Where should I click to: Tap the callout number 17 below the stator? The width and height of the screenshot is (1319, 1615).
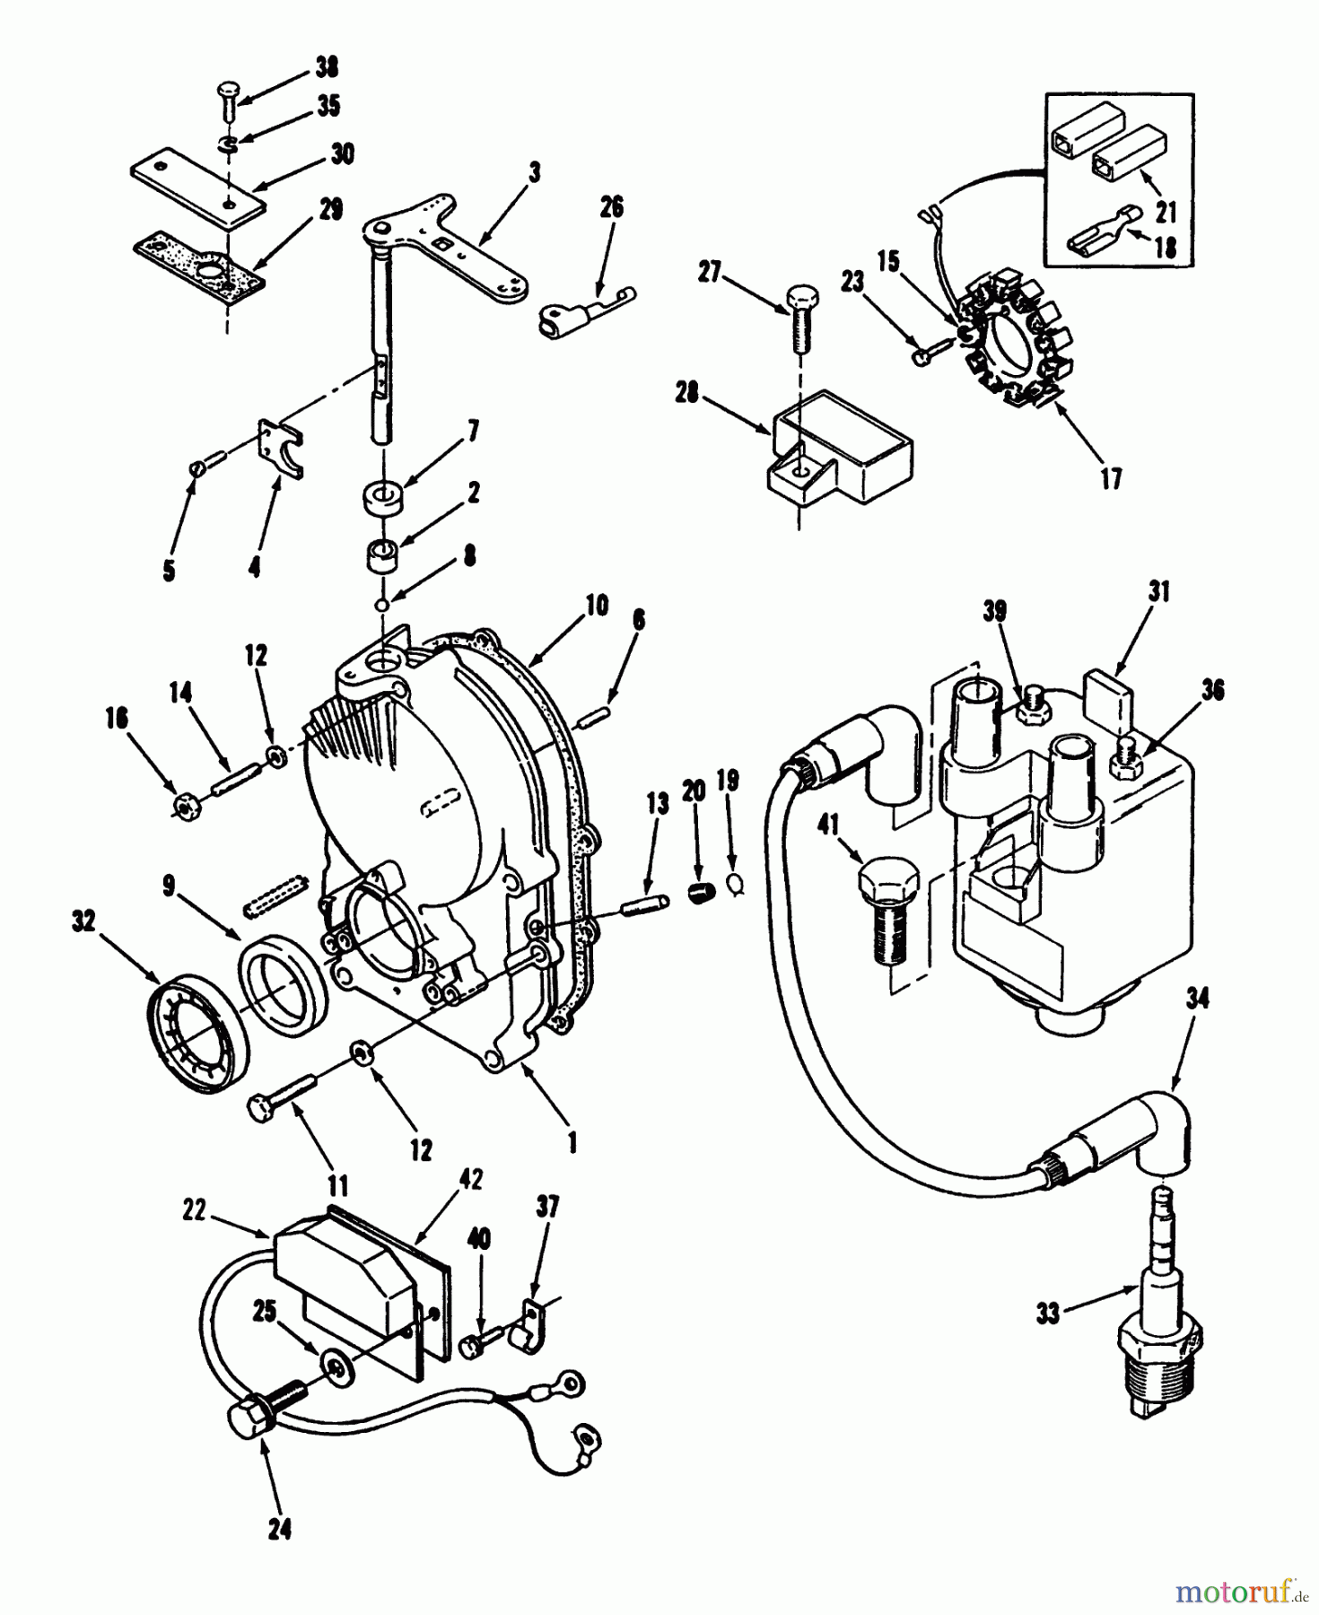tap(1111, 479)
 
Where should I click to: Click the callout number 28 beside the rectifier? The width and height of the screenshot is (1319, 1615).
tap(688, 393)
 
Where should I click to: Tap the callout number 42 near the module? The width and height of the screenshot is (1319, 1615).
tap(470, 1179)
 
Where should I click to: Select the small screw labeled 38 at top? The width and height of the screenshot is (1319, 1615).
tap(225, 97)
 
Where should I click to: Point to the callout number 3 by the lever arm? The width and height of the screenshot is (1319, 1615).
tap(535, 172)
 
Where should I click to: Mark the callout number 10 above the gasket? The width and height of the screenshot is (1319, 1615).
tap(597, 605)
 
